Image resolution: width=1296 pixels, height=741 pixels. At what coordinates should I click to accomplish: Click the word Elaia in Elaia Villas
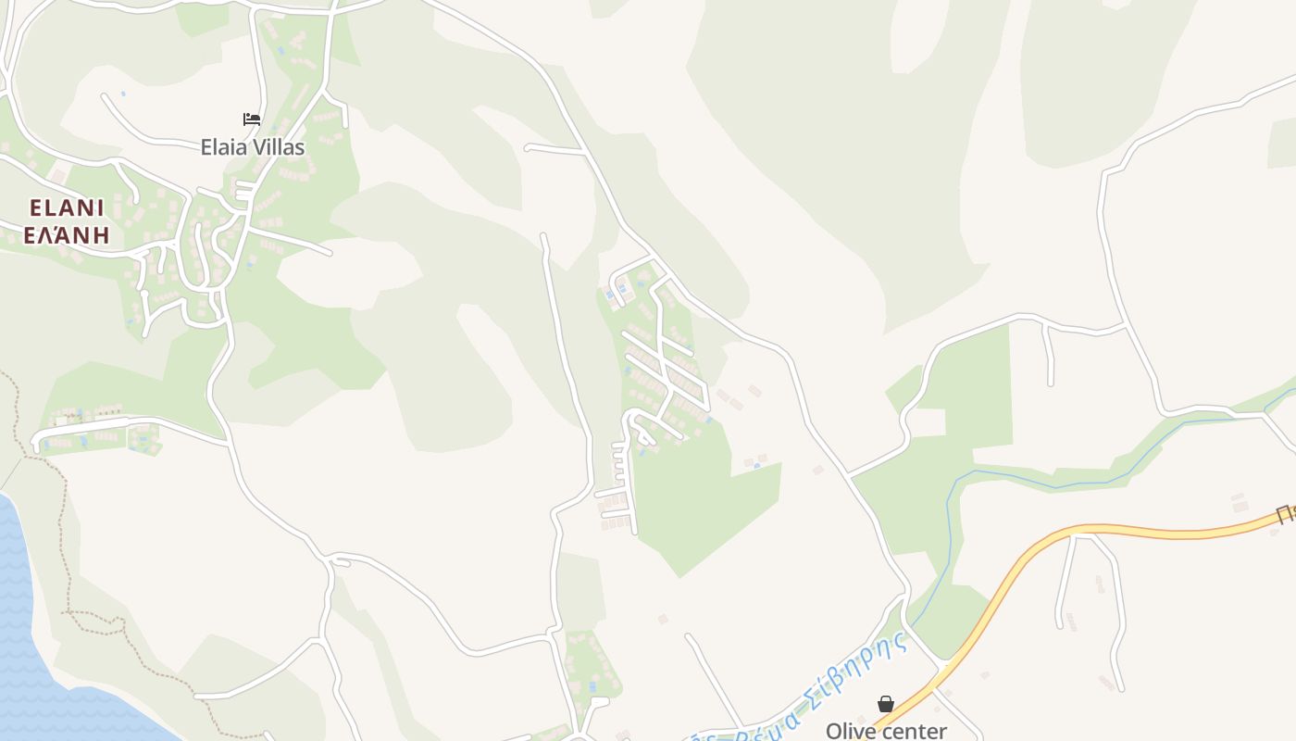tap(225, 146)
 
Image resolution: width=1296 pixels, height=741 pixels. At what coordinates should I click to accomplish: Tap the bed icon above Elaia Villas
tap(252, 119)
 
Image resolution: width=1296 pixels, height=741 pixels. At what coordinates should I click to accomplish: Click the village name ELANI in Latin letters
tap(67, 207)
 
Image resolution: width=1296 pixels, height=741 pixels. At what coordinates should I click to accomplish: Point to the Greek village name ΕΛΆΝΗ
tap(67, 234)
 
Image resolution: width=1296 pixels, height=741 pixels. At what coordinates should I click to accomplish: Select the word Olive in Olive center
tap(849, 731)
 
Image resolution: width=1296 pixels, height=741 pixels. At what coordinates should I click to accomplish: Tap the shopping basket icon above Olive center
tap(886, 704)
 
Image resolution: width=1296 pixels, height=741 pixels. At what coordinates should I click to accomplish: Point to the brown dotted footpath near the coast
tap(65, 519)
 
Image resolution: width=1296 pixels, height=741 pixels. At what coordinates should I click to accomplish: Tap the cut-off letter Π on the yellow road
tap(1286, 513)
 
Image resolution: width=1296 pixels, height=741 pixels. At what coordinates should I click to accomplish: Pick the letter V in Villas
tap(258, 146)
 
